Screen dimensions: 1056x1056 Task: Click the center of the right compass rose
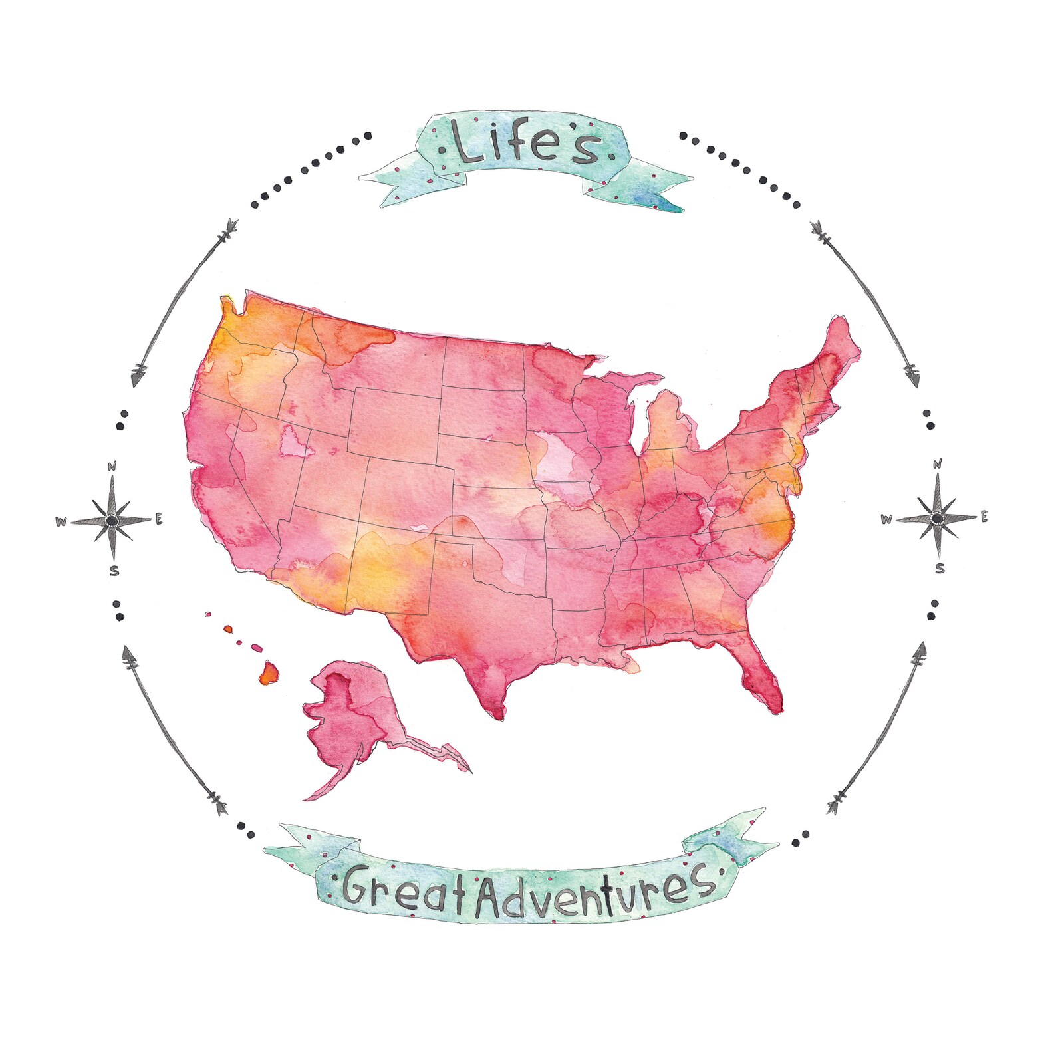(937, 517)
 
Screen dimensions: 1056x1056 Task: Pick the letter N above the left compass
(112, 466)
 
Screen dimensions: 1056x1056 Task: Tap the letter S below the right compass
(940, 569)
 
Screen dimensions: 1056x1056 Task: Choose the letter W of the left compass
(61, 522)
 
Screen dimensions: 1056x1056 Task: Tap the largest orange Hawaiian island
(268, 672)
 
